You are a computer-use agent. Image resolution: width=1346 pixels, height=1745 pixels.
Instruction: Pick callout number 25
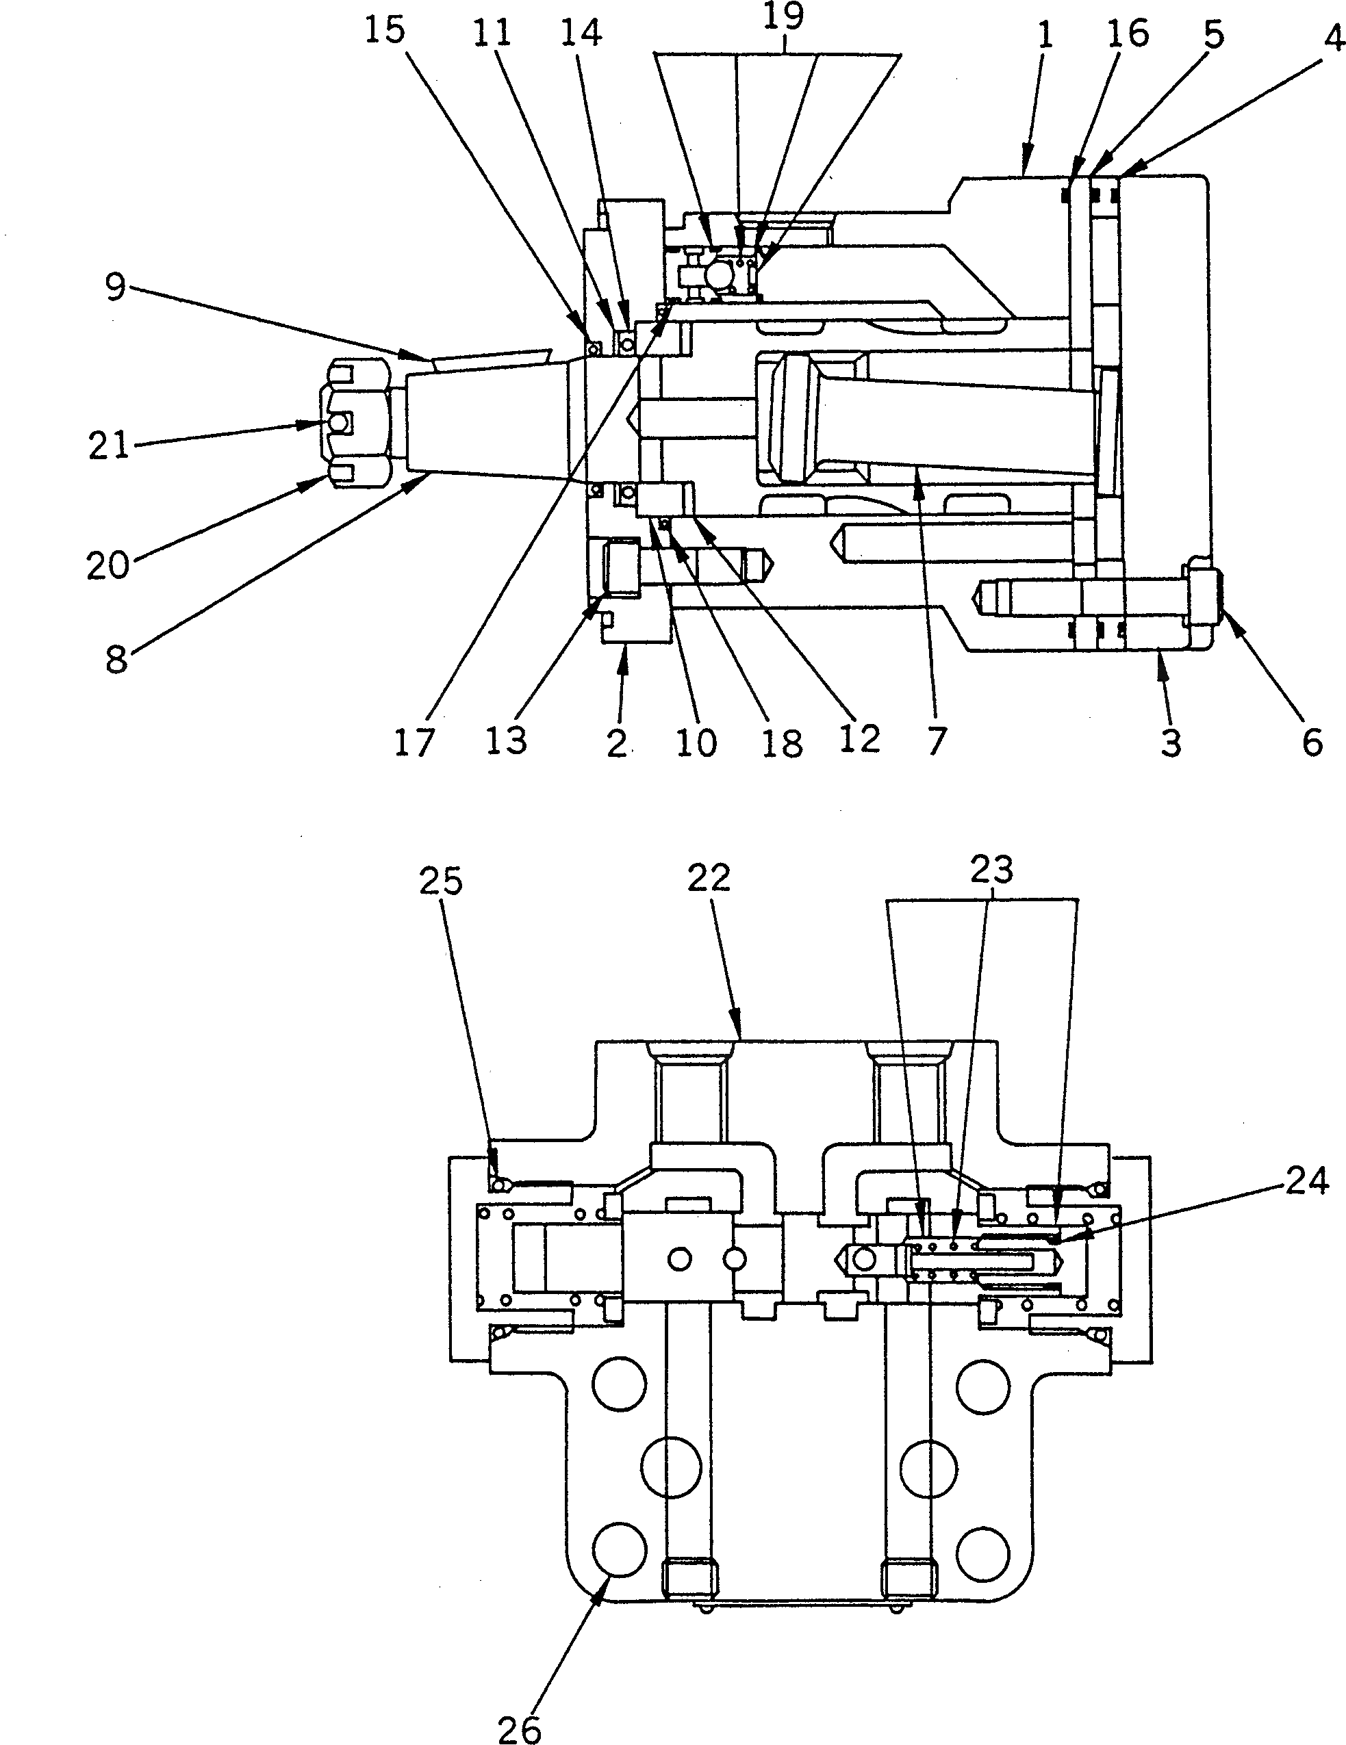[441, 881]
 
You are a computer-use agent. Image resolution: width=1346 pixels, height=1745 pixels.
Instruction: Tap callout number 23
[991, 869]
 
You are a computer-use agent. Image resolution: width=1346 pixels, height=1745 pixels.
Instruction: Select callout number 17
[414, 743]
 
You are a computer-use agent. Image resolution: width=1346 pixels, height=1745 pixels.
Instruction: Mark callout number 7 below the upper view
[937, 742]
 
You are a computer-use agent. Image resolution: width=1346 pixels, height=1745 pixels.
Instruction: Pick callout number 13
[506, 742]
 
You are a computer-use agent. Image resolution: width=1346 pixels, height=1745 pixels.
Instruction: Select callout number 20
[108, 566]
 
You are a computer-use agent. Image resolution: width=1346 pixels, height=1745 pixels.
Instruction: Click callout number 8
[116, 660]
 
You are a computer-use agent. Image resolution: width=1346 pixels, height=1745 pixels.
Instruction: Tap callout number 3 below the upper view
[1170, 743]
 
